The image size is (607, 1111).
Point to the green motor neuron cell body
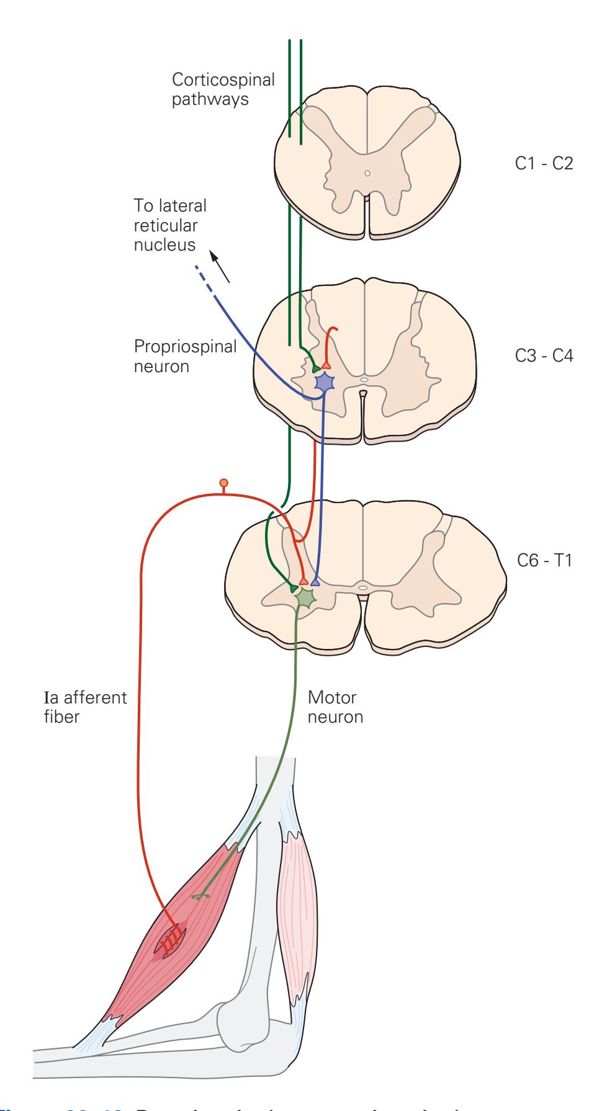305,597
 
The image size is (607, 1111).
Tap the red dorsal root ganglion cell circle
223,483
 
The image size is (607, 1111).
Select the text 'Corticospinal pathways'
223,89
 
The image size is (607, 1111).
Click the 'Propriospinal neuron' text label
185,356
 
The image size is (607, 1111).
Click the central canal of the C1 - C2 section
367,174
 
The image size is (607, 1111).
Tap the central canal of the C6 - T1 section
363,585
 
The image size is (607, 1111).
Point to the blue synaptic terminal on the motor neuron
315,582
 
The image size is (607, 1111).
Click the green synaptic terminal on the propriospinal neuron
317,368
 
